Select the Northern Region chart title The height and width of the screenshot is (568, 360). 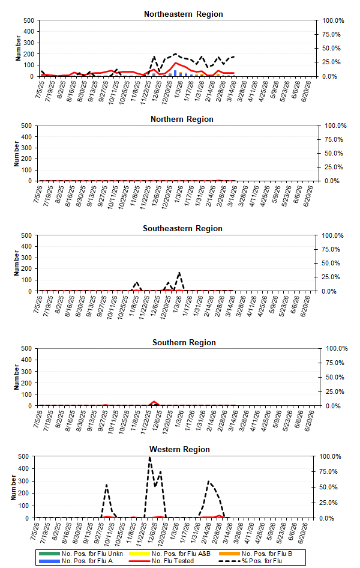click(181, 119)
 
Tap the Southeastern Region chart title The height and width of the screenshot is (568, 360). click(182, 228)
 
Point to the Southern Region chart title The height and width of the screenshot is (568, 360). click(184, 342)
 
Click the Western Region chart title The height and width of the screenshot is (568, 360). click(180, 449)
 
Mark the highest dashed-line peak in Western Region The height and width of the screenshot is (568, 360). click(149, 458)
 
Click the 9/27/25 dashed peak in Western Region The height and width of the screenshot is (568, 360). click(106, 485)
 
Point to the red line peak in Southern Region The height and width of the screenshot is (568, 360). click(154, 401)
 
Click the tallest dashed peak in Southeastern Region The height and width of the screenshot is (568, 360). click(179, 273)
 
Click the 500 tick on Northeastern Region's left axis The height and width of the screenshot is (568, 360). click(28, 20)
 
